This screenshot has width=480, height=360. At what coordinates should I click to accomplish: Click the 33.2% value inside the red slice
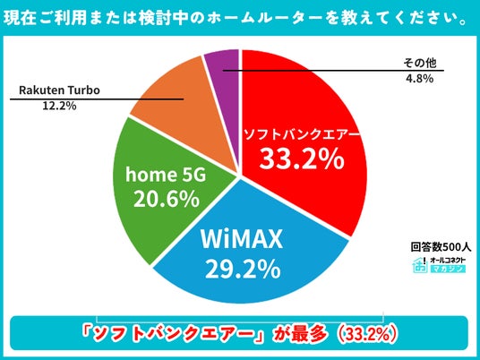click(x=302, y=159)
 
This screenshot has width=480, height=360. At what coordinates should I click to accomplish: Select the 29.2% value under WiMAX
click(x=243, y=269)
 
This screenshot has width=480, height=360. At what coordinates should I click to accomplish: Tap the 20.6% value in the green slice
click(x=167, y=199)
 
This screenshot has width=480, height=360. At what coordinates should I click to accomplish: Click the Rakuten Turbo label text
click(x=59, y=90)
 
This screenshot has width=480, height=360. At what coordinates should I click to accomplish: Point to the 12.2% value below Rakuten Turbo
click(x=59, y=106)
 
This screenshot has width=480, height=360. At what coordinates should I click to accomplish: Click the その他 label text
click(x=419, y=63)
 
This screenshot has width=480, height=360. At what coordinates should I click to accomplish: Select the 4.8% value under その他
click(x=419, y=79)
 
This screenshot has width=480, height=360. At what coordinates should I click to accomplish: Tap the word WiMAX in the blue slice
click(x=242, y=239)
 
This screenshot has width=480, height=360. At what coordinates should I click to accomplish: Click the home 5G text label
click(x=166, y=175)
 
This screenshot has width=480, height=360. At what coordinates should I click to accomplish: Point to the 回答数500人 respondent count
click(x=441, y=247)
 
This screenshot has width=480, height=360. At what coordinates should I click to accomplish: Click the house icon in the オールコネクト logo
click(x=420, y=265)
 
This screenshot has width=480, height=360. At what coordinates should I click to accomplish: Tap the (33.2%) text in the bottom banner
click(x=366, y=335)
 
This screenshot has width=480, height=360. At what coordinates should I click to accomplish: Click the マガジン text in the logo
click(x=448, y=269)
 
